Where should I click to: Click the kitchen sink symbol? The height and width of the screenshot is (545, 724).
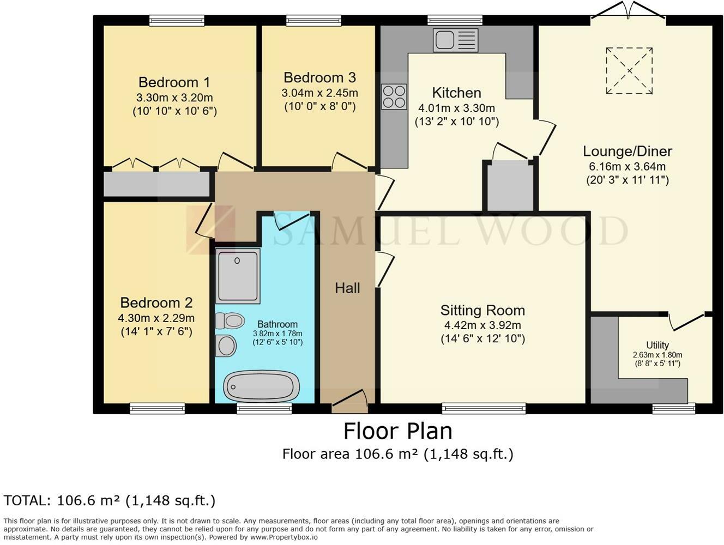(x=455, y=40)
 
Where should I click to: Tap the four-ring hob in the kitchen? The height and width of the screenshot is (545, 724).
(x=394, y=96)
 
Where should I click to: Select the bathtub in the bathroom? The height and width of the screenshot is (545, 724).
(x=261, y=386)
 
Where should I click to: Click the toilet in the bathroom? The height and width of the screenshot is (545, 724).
(x=230, y=320)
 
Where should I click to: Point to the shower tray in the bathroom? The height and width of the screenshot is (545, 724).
(x=238, y=276)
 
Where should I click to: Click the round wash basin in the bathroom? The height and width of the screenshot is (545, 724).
(x=226, y=346)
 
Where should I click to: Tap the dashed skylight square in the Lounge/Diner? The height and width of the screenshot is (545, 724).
(x=629, y=70)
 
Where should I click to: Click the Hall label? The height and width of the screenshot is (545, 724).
(x=347, y=288)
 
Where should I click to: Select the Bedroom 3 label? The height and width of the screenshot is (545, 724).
(x=319, y=78)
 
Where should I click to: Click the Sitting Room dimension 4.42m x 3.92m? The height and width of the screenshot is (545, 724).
(x=482, y=325)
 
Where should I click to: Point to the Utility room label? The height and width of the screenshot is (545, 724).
(x=657, y=345)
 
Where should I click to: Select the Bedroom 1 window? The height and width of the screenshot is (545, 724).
(x=177, y=21)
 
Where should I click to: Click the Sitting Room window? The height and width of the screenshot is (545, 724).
(x=484, y=409)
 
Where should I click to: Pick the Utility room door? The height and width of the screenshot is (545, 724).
(x=687, y=320)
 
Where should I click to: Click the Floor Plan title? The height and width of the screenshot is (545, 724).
(x=398, y=431)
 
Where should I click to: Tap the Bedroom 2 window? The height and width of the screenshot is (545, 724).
(x=158, y=409)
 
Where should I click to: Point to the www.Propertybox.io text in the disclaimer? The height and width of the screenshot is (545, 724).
(x=284, y=537)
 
